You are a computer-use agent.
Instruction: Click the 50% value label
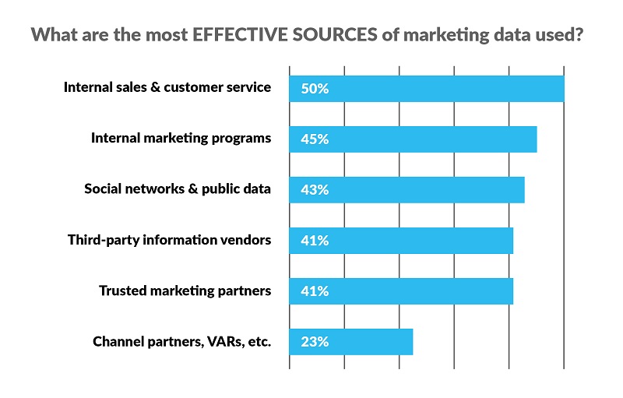point(314,89)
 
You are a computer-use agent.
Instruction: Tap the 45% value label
point(314,139)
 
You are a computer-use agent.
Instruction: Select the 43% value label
point(314,190)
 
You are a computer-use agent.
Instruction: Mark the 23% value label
point(314,342)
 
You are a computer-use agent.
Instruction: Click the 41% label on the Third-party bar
point(314,241)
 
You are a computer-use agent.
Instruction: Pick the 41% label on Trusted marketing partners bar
point(314,291)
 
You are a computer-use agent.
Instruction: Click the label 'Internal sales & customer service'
point(167,87)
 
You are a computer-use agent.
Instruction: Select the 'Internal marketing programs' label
point(181,139)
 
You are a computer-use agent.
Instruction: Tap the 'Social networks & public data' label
point(178,189)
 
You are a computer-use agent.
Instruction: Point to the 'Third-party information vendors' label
point(169,240)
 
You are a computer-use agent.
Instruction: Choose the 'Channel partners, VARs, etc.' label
point(181,341)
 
